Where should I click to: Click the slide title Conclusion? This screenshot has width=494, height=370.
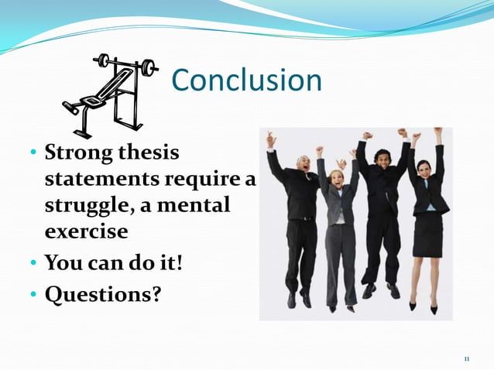pyautogui.click(x=245, y=81)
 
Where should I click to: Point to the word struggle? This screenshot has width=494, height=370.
pyautogui.click(x=88, y=207)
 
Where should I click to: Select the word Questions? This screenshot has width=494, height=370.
pyautogui.click(x=101, y=295)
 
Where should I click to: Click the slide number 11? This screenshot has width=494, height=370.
pyautogui.click(x=466, y=358)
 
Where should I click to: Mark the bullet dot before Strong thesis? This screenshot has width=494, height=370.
pyautogui.click(x=34, y=152)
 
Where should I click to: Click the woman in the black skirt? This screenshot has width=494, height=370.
pyautogui.click(x=426, y=224)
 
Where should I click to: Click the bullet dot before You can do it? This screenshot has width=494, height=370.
pyautogui.click(x=34, y=263)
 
